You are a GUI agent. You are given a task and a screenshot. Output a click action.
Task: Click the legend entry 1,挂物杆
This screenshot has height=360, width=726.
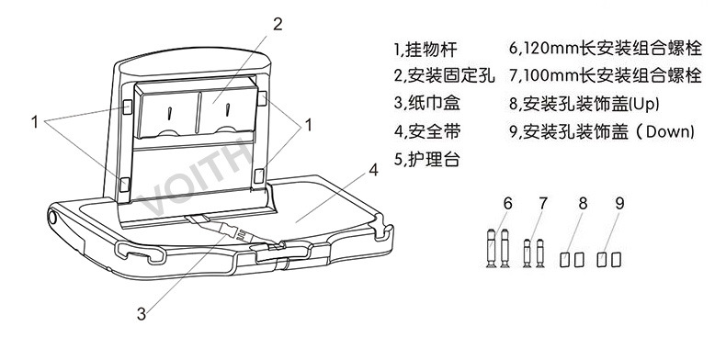[x=425, y=50]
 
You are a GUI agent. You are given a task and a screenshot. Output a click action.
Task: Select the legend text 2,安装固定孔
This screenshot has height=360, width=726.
[x=444, y=76]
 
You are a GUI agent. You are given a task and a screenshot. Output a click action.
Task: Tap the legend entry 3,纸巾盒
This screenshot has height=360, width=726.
[x=427, y=103]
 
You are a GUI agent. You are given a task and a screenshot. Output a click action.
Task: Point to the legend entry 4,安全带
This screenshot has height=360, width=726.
[x=427, y=131]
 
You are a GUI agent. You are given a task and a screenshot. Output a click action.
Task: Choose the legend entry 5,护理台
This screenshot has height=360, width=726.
[x=427, y=159]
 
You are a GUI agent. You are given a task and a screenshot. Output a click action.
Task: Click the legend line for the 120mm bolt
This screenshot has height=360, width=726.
[x=606, y=49]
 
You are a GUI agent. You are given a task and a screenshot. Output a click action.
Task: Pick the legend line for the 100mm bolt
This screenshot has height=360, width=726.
[x=606, y=75]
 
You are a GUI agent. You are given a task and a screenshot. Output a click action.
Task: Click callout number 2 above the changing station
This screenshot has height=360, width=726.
[x=278, y=24]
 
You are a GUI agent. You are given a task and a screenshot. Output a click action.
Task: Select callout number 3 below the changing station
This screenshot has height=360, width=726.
[x=142, y=314]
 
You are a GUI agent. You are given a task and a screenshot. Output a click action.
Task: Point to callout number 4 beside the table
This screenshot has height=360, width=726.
[x=373, y=170]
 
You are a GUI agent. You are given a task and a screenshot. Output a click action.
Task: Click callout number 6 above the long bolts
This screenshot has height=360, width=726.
[x=508, y=203]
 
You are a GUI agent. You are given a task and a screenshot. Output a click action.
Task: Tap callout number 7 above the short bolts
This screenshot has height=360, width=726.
[x=543, y=203]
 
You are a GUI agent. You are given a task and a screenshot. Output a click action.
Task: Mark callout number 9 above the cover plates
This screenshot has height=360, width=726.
[x=619, y=203]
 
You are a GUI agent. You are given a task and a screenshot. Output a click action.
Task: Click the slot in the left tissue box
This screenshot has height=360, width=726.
[x=170, y=112]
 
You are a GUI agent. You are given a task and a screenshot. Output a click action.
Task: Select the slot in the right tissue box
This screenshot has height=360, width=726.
[x=228, y=110]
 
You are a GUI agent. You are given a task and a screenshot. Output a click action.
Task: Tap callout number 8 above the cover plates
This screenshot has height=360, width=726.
[x=583, y=203]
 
